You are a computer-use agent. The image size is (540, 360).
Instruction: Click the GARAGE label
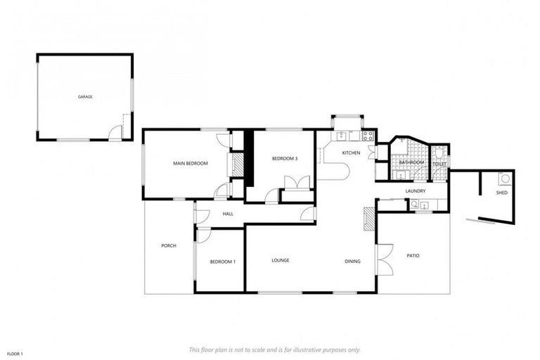coord(85,97)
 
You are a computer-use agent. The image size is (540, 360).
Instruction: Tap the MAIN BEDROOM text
coord(191,164)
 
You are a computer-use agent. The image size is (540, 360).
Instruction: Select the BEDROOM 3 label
coord(285,159)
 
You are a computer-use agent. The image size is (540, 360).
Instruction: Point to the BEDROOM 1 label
coord(222,262)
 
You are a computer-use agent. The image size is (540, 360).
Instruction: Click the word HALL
coord(228,214)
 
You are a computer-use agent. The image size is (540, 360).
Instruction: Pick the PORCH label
coord(168,245)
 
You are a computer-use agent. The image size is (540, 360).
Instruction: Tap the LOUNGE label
coord(281,260)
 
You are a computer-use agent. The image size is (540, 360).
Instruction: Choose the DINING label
coord(352,262)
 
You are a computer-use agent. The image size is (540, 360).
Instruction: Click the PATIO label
coord(413,255)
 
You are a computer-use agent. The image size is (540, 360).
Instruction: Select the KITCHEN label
coord(351,153)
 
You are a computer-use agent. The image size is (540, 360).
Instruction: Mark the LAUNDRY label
coord(416,191)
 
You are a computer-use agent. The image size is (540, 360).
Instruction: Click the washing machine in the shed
coord(503,179)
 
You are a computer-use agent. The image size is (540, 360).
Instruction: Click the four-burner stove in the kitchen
coord(367,136)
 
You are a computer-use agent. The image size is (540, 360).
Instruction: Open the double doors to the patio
coord(385,259)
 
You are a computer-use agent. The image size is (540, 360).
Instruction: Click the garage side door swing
coord(115,132)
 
